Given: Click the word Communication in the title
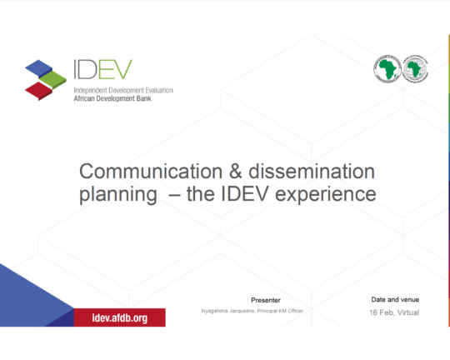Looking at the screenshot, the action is coord(151,172).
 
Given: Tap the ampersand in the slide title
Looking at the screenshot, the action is coord(235,172).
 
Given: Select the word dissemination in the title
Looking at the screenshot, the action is coord(312,172).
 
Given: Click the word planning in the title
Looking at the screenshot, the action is coord(118,195).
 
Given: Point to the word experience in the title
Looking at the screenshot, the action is coord(326,195).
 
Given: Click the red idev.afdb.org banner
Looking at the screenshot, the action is coord(120,317).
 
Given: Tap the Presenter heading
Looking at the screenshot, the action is coord(266,300).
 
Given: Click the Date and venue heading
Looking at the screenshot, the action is coord(395,300).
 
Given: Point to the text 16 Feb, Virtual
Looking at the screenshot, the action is coord(394,312).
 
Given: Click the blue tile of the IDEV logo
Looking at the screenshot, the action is coord(38,68).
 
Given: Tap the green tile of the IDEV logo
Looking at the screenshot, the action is coord(52,79).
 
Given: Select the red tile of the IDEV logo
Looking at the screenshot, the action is coord(38,91).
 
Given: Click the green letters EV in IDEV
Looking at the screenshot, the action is coord(115,69).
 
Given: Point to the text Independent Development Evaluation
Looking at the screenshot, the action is coord(123,91).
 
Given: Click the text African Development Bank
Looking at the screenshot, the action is coord(112,99).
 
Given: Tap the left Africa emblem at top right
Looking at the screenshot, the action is coord(387,69).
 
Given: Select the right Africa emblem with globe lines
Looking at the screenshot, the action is coord(415,69).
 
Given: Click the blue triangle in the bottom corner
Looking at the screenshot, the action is coord(32,298).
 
